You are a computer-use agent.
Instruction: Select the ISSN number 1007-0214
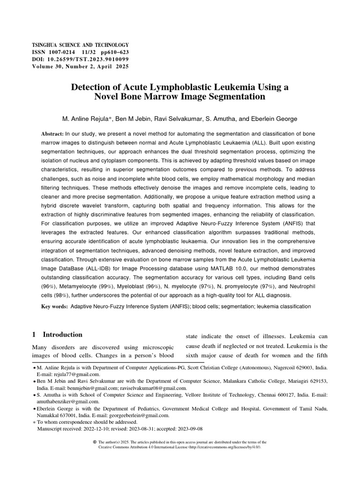64,52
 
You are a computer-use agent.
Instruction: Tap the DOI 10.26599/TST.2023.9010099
87,60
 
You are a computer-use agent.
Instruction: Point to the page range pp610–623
114,52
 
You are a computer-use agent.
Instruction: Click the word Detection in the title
93,87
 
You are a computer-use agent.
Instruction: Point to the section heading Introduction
62,335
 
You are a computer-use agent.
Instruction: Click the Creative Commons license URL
224,447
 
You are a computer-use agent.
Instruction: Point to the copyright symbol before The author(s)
95,442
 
